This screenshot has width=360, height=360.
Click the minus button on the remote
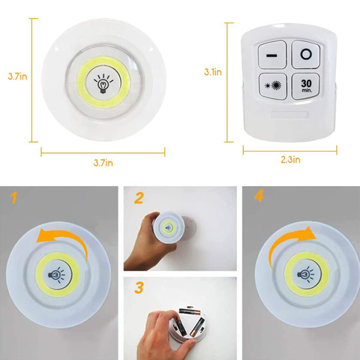tap(271, 56)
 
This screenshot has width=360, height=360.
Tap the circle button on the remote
tap(307, 55)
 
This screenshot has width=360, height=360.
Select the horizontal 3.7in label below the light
tap(103, 162)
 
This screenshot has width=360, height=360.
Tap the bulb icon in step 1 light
tap(57, 274)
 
